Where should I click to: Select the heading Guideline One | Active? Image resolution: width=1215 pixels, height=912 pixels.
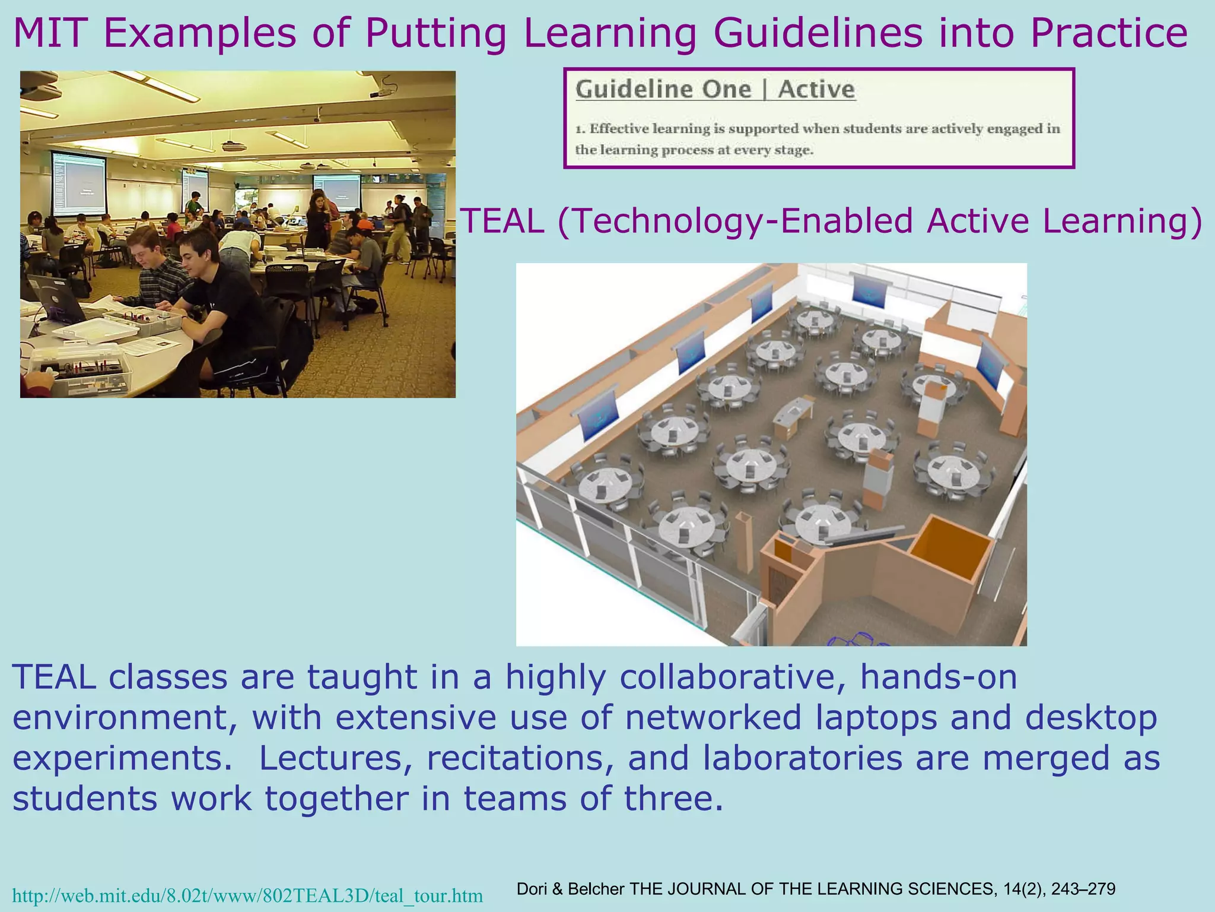click(715, 90)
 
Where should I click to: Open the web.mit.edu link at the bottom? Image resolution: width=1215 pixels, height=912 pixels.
click(247, 895)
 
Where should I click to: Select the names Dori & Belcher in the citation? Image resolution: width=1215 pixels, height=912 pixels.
click(571, 889)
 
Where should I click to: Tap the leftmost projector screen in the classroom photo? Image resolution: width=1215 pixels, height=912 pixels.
click(78, 183)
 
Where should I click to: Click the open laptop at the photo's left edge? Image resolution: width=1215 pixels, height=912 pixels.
click(53, 297)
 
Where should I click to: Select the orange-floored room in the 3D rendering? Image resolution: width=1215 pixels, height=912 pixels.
click(950, 547)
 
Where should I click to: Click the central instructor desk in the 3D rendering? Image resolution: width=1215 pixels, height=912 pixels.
click(793, 416)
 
